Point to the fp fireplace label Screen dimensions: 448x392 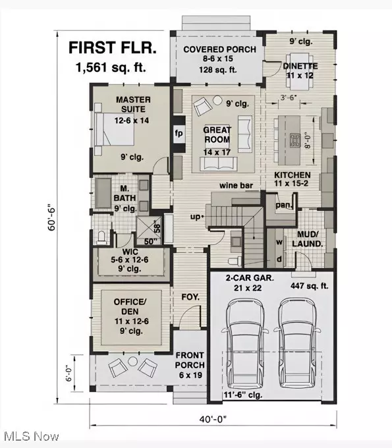pos(178,132)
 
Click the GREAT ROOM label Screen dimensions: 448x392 pos(217,135)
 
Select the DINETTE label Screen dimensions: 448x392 pos(300,66)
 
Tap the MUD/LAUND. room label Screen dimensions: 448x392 pos(308,239)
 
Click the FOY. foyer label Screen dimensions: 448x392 pos(190,297)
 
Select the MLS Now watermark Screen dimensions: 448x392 pos(30,436)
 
